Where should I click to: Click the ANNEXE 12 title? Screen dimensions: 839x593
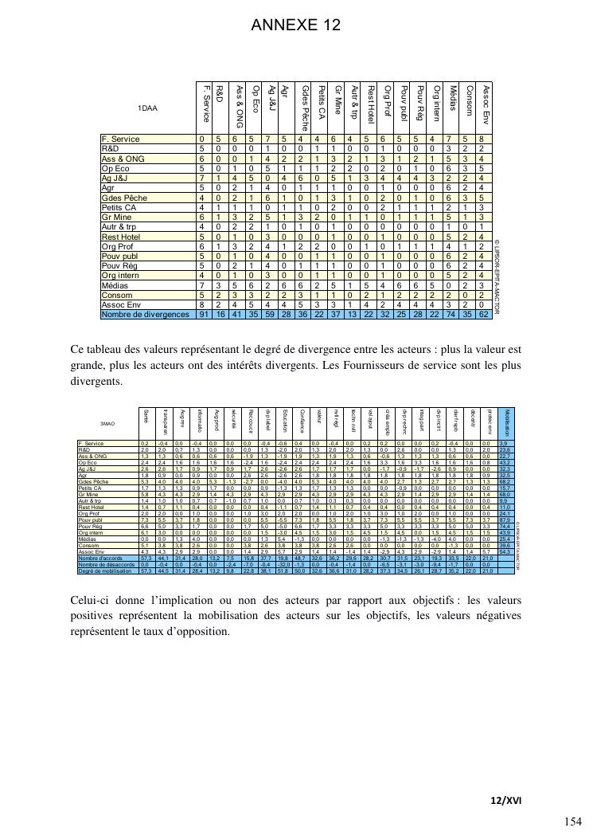296,26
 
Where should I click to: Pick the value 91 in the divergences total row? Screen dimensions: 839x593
205,315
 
